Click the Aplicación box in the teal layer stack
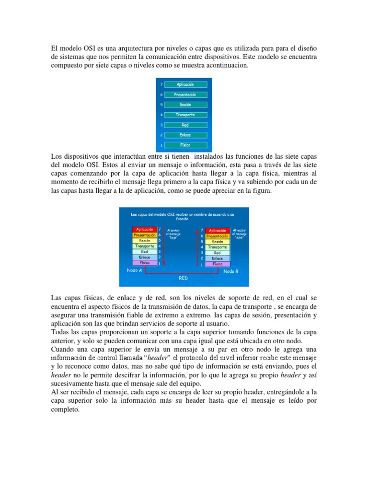pos(185,84)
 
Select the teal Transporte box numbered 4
pos(185,115)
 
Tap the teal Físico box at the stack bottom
pos(185,145)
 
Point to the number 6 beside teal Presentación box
pos(162,94)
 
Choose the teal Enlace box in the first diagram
pos(185,135)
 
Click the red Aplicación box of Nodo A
pos(144,230)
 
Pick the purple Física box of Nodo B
pos(217,264)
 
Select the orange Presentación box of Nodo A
pos(144,235)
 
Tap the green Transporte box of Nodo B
pos(217,247)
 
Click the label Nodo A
pos(135,270)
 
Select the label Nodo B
pos(231,271)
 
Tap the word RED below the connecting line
pos(184,278)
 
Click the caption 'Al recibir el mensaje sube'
pos(239,234)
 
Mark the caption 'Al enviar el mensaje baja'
pos(173,234)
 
